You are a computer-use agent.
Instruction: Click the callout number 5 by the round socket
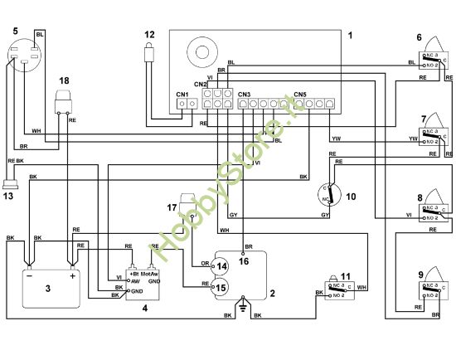15,30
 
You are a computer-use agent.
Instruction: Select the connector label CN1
182,95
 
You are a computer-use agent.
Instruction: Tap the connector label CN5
299,95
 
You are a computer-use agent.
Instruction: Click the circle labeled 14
221,266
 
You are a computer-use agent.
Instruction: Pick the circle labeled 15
221,287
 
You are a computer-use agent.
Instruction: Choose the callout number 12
149,35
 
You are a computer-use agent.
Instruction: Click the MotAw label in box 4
150,273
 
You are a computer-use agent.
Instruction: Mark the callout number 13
8,197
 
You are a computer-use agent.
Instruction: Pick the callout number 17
172,207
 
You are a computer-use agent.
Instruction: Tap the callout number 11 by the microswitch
345,275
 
